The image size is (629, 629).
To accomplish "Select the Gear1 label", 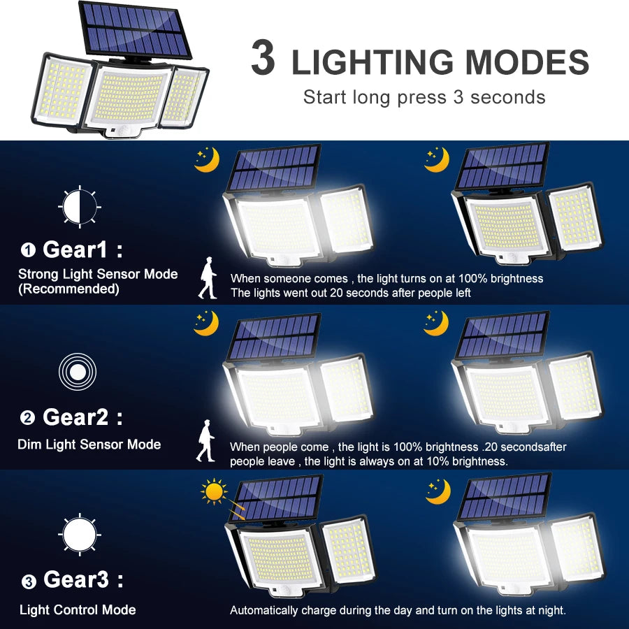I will click(x=75, y=249).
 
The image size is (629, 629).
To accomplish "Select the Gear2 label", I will click(x=75, y=417).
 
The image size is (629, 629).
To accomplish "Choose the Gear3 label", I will click(x=75, y=579).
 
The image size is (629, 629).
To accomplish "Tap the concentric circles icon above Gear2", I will click(x=78, y=371).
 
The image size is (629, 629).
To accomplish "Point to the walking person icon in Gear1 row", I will click(x=207, y=278).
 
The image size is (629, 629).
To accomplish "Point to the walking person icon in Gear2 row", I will click(x=205, y=440).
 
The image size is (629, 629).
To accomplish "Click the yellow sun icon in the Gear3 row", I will click(x=214, y=491).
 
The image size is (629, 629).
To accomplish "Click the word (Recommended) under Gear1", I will click(x=68, y=289).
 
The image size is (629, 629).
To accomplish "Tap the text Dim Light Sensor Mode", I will click(x=89, y=444).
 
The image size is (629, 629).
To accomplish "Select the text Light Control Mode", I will click(x=78, y=610).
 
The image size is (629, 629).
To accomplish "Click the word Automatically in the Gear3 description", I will click(x=264, y=610).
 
